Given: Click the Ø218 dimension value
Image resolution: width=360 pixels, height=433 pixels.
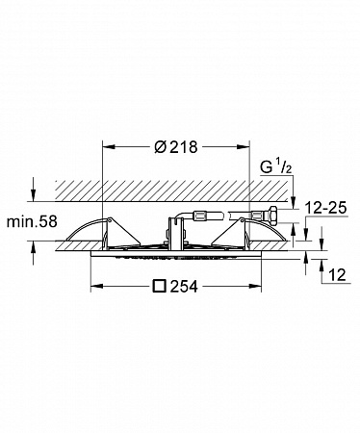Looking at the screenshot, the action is (x=176, y=147).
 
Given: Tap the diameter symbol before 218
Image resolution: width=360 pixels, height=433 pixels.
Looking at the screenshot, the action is (x=161, y=147).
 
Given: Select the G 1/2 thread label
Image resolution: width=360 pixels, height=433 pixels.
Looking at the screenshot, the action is (x=276, y=166).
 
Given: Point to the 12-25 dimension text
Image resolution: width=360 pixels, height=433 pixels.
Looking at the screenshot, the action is (x=326, y=208).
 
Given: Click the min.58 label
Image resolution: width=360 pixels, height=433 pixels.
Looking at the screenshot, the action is (x=32, y=221).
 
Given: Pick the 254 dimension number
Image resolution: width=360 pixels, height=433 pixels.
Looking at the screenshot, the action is (x=184, y=286).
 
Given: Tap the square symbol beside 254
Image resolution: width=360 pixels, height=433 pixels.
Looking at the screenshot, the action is (x=160, y=286).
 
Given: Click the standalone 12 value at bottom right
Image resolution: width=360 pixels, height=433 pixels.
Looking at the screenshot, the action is (x=338, y=275).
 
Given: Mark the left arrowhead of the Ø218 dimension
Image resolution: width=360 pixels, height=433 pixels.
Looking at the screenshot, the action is (x=108, y=146).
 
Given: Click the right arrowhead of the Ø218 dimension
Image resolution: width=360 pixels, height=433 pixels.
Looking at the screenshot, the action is (x=243, y=146).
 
